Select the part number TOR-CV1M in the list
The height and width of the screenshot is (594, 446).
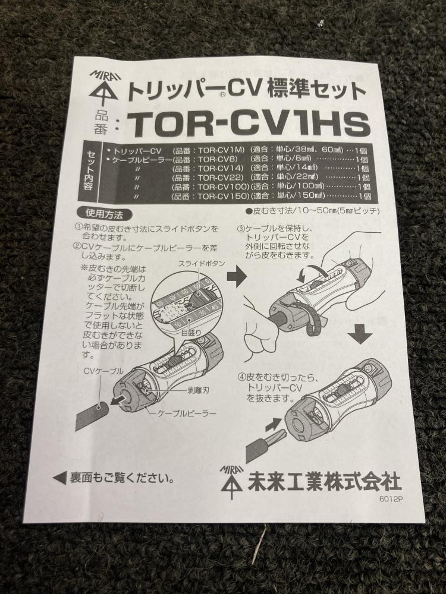[x=221, y=150]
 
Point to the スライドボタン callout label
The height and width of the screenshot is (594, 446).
[x=202, y=264]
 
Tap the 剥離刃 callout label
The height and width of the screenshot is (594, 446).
[x=198, y=390]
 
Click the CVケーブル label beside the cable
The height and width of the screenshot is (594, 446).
[x=103, y=371]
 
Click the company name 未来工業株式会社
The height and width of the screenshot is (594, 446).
[x=324, y=482]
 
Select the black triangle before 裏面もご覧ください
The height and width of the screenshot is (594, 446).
[x=60, y=478]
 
